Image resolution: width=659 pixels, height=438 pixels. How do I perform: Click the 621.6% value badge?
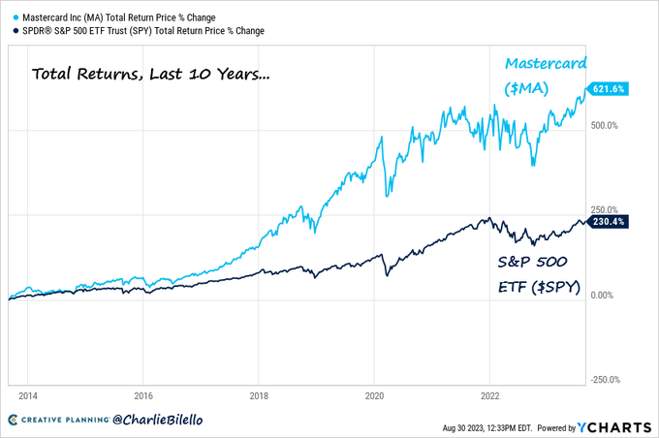(610, 88)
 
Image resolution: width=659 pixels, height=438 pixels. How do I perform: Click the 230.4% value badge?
(610, 221)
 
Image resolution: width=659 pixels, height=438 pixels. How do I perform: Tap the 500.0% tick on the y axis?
(607, 125)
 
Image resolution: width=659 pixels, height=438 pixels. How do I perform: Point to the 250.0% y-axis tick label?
(607, 209)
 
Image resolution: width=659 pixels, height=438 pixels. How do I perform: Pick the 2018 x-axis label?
(259, 396)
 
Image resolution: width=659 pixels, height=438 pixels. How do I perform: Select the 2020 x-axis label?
(374, 396)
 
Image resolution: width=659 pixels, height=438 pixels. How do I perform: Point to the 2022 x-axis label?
(490, 396)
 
